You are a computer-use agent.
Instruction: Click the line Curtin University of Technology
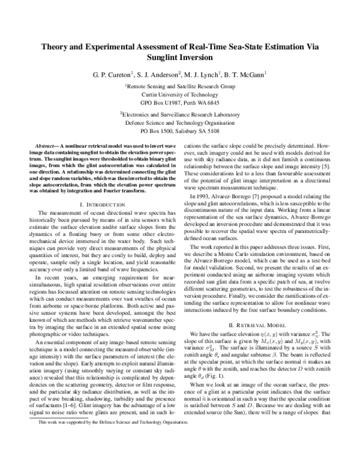click(x=179, y=95)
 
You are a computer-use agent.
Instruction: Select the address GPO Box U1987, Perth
click(x=179, y=103)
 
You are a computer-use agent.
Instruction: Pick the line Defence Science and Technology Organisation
click(x=179, y=121)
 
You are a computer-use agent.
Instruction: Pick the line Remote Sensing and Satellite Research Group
click(x=179, y=86)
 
